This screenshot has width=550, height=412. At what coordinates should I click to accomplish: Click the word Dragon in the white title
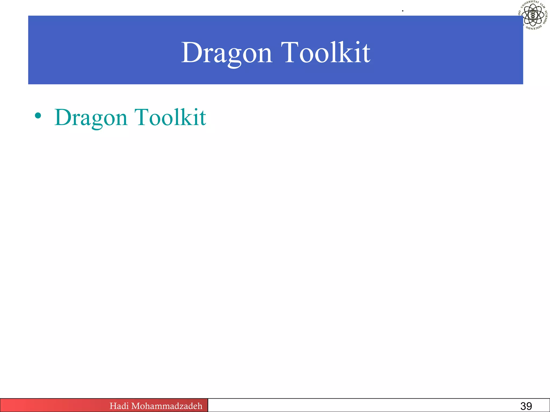(x=227, y=53)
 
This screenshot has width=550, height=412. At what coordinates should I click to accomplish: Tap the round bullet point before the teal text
(x=38, y=116)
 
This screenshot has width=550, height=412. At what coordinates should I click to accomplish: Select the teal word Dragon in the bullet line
(x=91, y=117)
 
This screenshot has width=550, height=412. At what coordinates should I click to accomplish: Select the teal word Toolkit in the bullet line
(x=170, y=117)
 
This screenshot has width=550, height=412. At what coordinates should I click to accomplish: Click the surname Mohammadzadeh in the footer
(x=167, y=406)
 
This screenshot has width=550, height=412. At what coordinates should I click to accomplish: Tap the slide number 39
(x=526, y=406)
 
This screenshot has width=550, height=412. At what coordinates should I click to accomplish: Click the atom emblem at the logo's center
(x=533, y=15)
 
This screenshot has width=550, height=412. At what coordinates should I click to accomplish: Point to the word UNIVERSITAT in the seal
(x=530, y=4)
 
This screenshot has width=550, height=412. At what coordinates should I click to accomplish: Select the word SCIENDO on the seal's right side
(x=545, y=17)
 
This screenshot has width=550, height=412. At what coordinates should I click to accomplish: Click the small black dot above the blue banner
(x=403, y=11)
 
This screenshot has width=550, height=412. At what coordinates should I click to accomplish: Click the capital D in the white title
(x=191, y=53)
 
